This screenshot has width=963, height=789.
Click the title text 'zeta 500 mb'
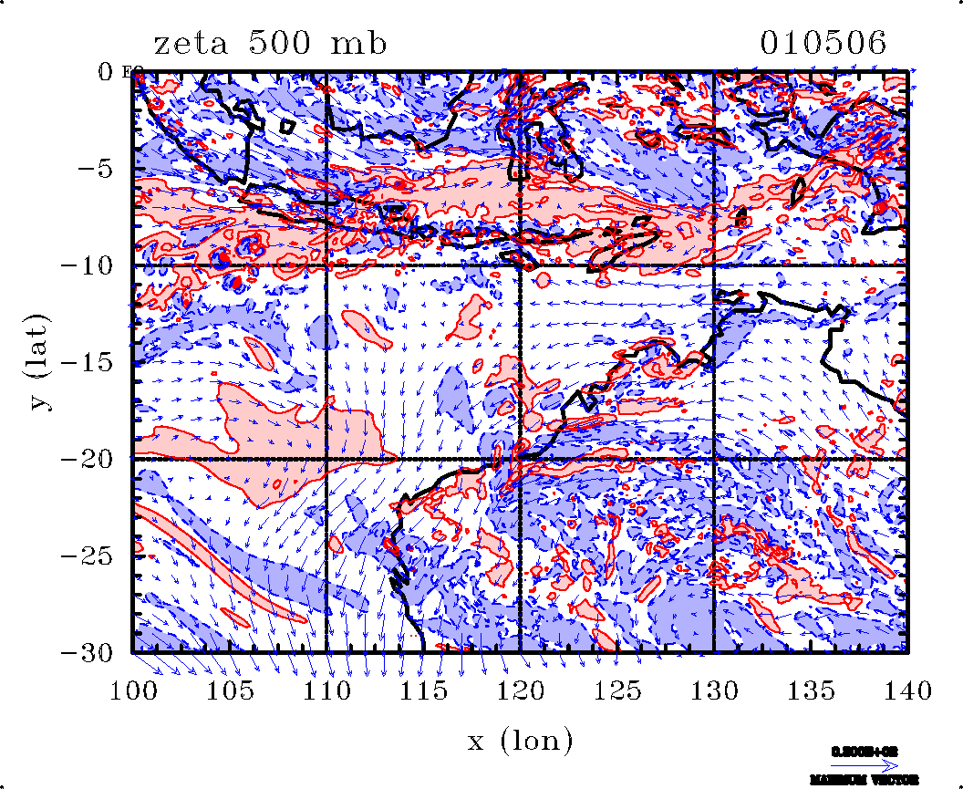click(270, 43)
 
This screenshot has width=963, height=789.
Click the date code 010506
click(823, 43)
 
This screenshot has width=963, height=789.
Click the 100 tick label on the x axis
click(133, 688)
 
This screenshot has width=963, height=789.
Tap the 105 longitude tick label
click(230, 688)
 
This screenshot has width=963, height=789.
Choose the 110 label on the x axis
click(326, 688)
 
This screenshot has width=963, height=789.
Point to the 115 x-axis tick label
click(423, 688)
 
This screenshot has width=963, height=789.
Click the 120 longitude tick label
click(520, 688)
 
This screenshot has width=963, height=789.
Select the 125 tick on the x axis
click(616, 688)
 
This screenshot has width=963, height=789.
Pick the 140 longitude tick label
click(906, 688)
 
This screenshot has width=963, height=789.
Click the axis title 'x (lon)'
click(520, 740)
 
